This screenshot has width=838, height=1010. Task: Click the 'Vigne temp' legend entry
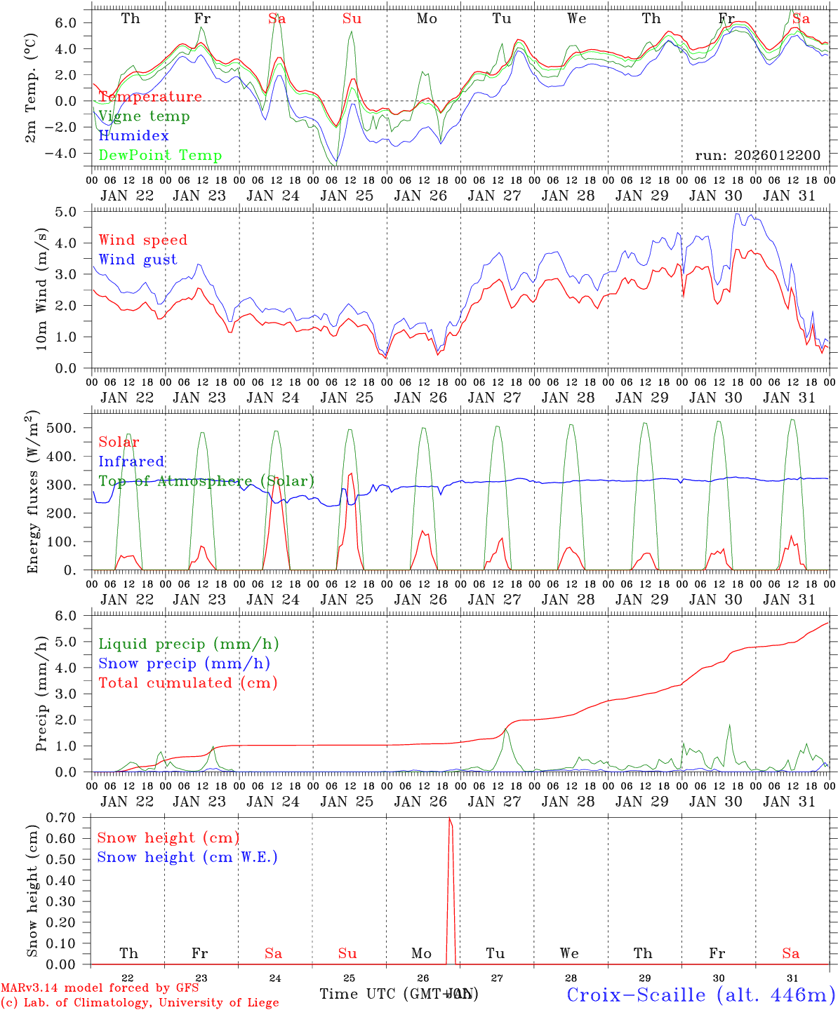[x=144, y=116]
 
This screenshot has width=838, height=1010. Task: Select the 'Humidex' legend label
[x=133, y=135]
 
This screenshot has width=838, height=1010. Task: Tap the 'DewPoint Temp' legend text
[x=160, y=155]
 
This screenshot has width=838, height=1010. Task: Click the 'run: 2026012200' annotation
[x=757, y=155]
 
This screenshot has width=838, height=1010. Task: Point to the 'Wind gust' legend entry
[x=138, y=260]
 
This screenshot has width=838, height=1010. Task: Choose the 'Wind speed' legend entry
[x=143, y=240]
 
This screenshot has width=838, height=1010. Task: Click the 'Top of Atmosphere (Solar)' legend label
[x=206, y=481]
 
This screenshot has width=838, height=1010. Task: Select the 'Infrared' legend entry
[x=131, y=462]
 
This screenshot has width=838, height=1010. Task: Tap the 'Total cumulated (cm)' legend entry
[x=188, y=682]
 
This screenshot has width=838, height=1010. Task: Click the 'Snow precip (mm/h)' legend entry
[x=184, y=664]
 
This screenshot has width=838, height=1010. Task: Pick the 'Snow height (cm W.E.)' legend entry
[x=187, y=857]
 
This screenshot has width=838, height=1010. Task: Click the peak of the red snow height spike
[x=449, y=819]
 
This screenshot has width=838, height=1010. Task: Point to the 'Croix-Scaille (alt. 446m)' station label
[x=700, y=995]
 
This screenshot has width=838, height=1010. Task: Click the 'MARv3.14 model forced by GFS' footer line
[x=99, y=988]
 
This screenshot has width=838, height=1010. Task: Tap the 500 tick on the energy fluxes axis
[x=70, y=428]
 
